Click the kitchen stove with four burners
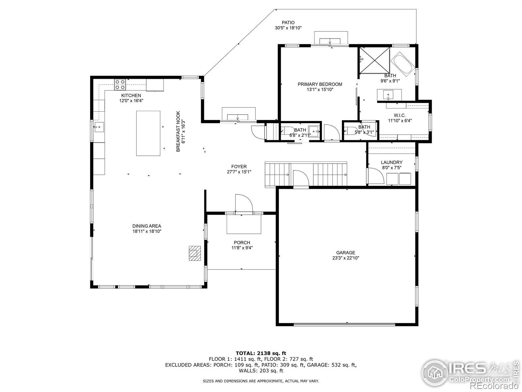pyautogui.click(x=120, y=85)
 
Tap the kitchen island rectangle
pyautogui.click(x=148, y=133)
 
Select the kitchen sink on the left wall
pyautogui.click(x=99, y=127)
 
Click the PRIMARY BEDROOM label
pyautogui.click(x=320, y=84)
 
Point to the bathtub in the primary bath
pyautogui.click(x=403, y=64)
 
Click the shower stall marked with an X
pyautogui.click(x=375, y=60)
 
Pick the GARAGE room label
pyautogui.click(x=345, y=253)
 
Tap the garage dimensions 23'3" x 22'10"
pyautogui.click(x=345, y=258)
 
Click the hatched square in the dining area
pyautogui.click(x=195, y=253)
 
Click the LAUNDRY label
pyautogui.click(x=391, y=162)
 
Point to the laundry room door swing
pyautogui.click(x=376, y=176)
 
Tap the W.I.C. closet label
pyautogui.click(x=400, y=115)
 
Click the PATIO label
pyautogui.click(x=288, y=23)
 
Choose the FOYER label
pyautogui.click(x=239, y=167)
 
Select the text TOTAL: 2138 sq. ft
pyautogui.click(x=261, y=353)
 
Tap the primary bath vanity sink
pyautogui.click(x=388, y=95)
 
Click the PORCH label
pyautogui.click(x=242, y=242)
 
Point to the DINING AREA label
pyautogui.click(x=147, y=226)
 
